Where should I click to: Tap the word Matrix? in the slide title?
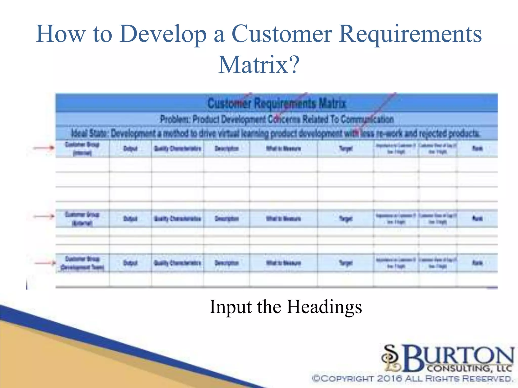coord(259,65)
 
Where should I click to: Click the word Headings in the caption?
coord(324,307)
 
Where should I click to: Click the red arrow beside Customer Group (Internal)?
coord(44,148)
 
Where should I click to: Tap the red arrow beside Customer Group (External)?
coord(44,216)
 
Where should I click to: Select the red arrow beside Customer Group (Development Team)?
coord(45,263)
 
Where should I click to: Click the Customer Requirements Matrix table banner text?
coord(276,103)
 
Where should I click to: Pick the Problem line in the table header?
coord(277,119)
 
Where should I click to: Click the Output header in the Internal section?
coord(130,149)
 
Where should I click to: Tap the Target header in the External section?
coord(346,219)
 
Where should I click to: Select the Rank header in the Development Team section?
coord(477,263)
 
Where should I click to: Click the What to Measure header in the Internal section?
coord(283,149)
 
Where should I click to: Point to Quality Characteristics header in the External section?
coord(178,219)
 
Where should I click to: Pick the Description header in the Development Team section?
coord(227,263)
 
